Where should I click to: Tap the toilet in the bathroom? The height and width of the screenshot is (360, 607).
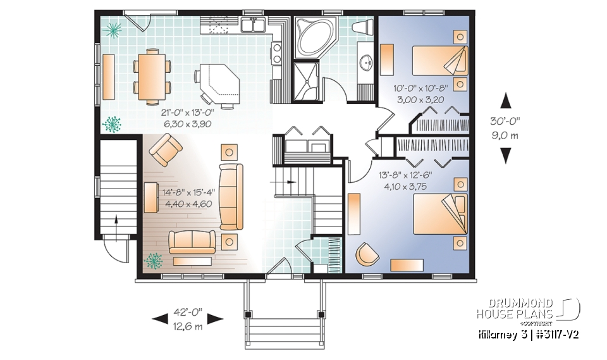(363, 28)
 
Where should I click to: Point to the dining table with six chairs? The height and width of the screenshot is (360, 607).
(152, 76)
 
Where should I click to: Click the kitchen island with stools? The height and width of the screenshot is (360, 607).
(218, 82)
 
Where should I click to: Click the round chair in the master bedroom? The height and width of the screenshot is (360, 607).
(366, 254)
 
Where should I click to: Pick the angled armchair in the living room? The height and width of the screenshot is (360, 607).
(166, 152)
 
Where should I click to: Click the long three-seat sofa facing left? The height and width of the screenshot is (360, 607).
(231, 196)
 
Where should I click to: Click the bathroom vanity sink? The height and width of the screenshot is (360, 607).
(365, 63)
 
